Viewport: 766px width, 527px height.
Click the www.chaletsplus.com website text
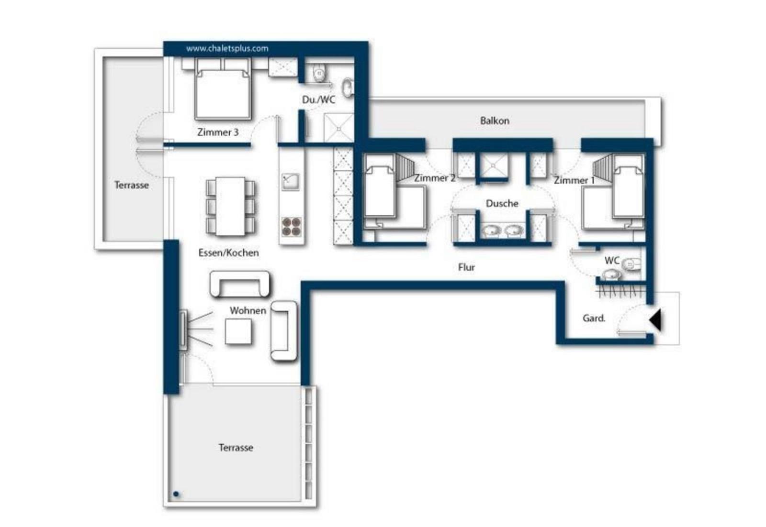click(227, 48)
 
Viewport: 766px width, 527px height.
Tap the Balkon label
click(495, 121)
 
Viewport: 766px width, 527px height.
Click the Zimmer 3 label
click(218, 132)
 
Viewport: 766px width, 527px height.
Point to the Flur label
click(466, 267)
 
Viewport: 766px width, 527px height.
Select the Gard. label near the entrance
click(594, 318)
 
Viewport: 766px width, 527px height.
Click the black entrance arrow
click(655, 320)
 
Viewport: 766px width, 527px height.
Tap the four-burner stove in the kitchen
click(292, 227)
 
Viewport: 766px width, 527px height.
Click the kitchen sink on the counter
click(290, 182)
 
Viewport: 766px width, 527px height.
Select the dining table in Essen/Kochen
click(230, 206)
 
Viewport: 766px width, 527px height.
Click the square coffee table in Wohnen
click(238, 331)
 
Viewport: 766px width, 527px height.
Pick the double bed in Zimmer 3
click(223, 89)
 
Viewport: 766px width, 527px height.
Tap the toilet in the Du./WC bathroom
click(319, 72)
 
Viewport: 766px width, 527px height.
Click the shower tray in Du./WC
click(338, 127)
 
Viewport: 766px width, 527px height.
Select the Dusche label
click(502, 204)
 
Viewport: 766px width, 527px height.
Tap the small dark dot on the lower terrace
click(176, 494)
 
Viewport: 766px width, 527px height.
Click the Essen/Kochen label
click(228, 253)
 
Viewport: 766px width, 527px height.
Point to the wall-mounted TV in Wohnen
click(183, 329)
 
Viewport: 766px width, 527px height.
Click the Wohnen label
click(248, 310)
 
